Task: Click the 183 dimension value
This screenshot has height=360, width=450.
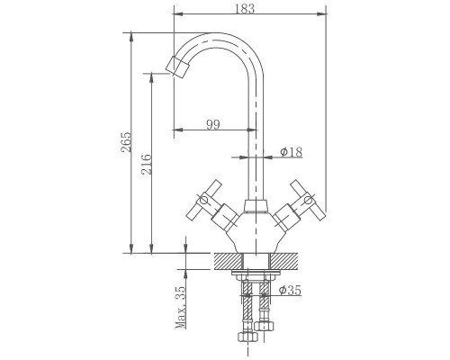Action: tap(244, 8)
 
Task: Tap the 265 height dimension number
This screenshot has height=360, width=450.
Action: tap(126, 142)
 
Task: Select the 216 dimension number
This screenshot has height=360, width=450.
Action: tap(147, 164)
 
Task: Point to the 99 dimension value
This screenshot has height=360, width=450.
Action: tap(213, 124)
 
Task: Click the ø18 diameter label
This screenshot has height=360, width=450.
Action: tap(292, 152)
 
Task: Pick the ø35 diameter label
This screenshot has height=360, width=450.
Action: tap(290, 290)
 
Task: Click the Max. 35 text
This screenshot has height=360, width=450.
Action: tap(181, 307)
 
